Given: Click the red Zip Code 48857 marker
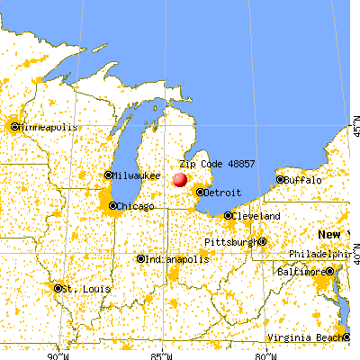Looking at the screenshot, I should tap(180, 180).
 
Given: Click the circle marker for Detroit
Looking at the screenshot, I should tap(200, 192).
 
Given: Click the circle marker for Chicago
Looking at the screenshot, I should tap(113, 206).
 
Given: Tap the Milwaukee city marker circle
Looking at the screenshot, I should tap(109, 175).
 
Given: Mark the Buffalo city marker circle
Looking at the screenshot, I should tap(281, 180).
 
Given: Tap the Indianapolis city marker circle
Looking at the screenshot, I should tap(140, 258).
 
